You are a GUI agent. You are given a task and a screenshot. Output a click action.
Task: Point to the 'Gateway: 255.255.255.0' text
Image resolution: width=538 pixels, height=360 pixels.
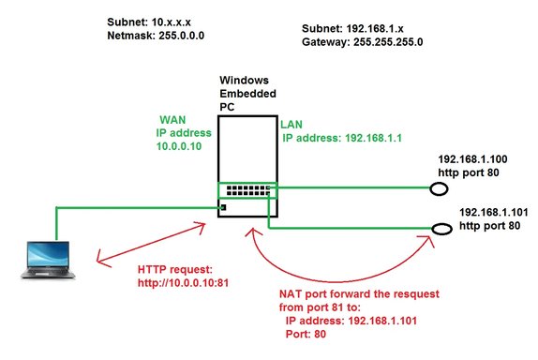(x=368, y=43)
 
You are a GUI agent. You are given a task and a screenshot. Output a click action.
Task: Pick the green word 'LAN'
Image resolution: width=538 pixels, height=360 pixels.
(x=291, y=123)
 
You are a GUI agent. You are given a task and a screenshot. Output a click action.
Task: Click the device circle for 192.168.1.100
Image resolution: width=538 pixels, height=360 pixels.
(x=437, y=189)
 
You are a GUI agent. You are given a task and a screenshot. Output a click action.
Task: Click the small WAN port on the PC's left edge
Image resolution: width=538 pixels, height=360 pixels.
(x=224, y=205)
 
